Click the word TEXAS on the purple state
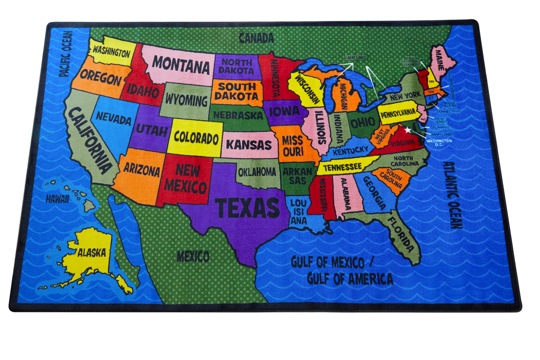(247, 208)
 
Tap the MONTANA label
(181, 66)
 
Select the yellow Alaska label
(92, 253)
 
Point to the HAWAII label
(57, 199)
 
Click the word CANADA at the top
(256, 38)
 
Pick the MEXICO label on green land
(193, 256)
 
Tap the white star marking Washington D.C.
(408, 130)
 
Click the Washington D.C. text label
(439, 142)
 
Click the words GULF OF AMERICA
(350, 279)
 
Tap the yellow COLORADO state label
(196, 138)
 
